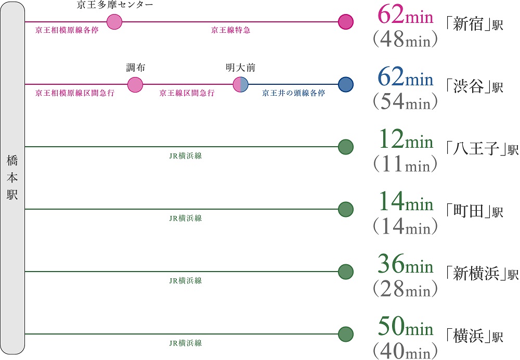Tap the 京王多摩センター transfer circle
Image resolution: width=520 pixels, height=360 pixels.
tap(114, 22)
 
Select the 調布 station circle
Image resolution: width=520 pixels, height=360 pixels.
tap(135, 84)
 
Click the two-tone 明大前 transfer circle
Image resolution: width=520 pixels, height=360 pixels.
tap(241, 84)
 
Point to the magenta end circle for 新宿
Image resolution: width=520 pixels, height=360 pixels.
tap(346, 22)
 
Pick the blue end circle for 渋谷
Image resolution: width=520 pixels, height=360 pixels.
tap(346, 84)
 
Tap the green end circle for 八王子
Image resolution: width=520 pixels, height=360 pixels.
tap(346, 147)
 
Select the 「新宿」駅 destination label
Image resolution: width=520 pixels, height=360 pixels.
tap(474, 24)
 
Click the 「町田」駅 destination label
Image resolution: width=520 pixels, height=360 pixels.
tap(474, 212)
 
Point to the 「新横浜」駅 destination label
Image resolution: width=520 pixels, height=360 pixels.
tap(482, 274)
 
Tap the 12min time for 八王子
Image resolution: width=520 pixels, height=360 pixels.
tap(405, 140)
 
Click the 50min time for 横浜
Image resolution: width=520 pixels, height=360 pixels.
tap(405, 328)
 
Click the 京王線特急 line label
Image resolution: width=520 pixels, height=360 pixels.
tap(230, 31)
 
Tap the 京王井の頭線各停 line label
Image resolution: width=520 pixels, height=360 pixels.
tap(294, 94)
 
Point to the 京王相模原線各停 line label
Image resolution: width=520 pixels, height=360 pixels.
tap(67, 31)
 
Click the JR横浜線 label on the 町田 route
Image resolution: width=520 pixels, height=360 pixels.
tap(186, 218)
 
